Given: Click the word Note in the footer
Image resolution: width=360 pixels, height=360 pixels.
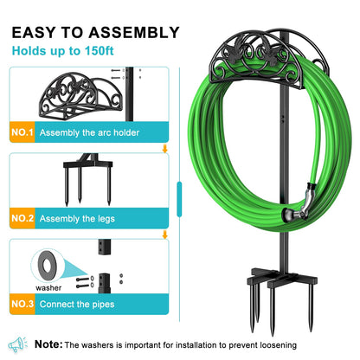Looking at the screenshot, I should click(48, 344).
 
